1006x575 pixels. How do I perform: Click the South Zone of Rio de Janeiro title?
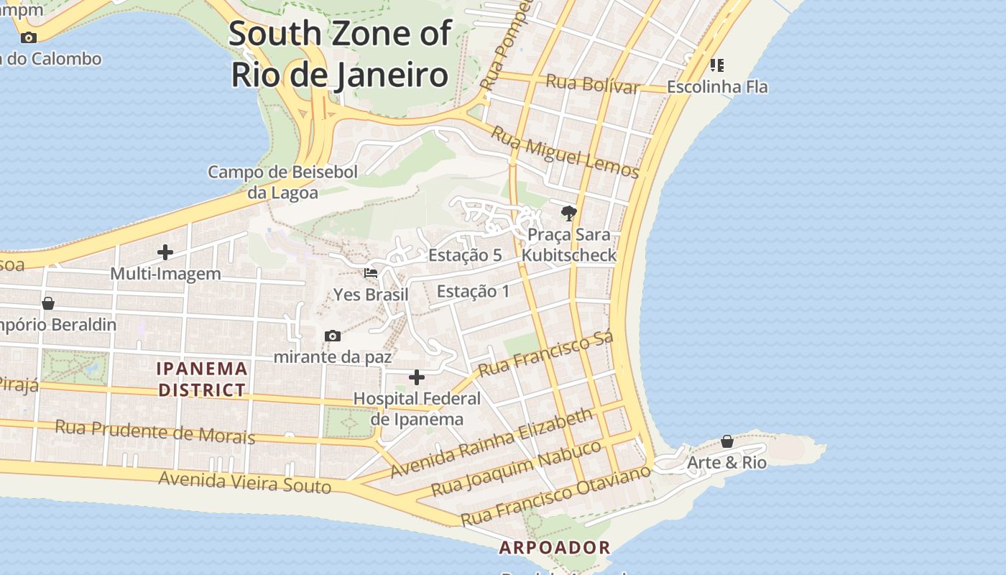pos(340,55)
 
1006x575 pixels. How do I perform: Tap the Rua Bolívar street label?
pos(592,83)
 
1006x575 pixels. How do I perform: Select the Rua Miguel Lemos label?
pos(565,152)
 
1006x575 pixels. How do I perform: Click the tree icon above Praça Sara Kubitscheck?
pos(569,213)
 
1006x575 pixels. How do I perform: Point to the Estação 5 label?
pos(465,255)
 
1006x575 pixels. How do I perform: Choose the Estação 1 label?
pos(473,291)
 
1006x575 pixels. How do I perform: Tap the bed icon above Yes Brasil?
pos(371,273)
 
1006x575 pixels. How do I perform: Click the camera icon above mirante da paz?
pos(332,336)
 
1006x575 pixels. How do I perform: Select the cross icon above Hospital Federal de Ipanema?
pos(417,377)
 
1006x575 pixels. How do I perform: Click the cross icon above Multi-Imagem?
pos(165,252)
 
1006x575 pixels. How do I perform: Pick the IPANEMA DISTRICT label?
pos(203,379)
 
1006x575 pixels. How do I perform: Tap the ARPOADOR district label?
pos(555,548)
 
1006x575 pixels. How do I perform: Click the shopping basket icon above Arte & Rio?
pos(727,441)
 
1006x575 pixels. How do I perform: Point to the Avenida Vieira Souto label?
pos(244,482)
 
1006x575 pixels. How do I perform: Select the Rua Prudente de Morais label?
pos(154,431)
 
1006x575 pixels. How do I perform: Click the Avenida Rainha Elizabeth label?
pos(492,443)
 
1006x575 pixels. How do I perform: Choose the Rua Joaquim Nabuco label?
pos(516,468)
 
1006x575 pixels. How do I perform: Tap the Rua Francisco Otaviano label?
pos(555,494)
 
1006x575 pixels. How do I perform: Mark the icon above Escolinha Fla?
pos(716,65)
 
